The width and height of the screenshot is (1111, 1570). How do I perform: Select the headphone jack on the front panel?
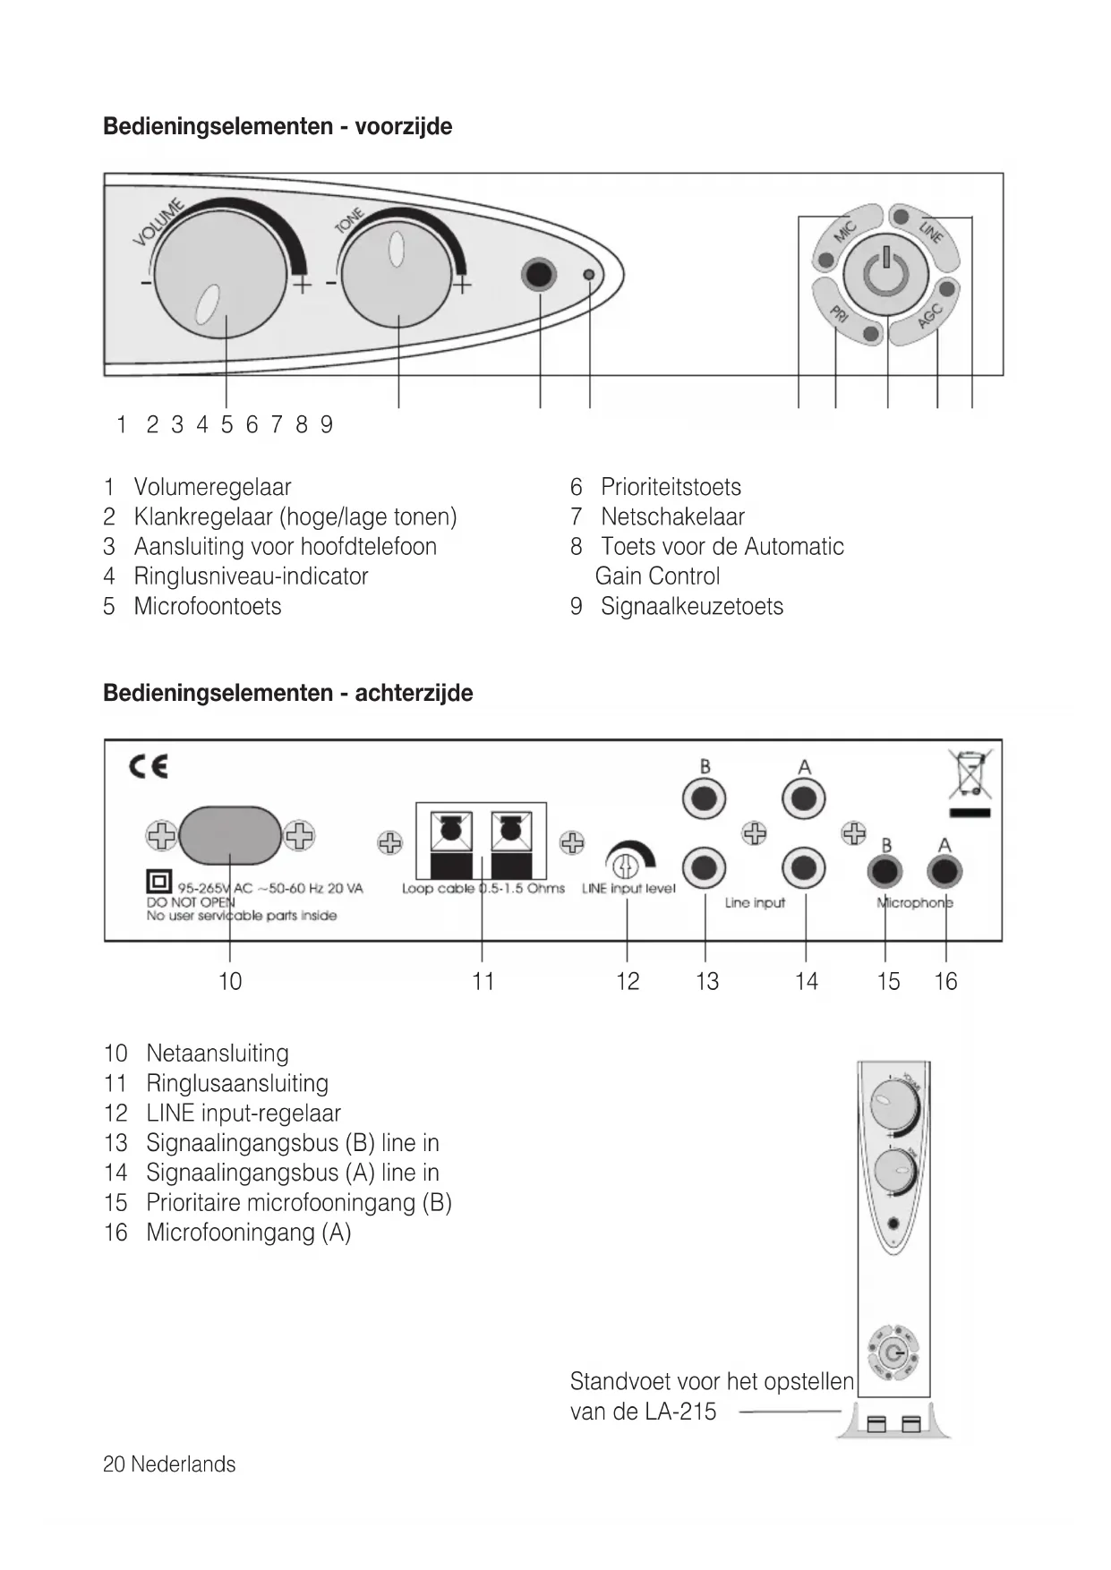point(539,274)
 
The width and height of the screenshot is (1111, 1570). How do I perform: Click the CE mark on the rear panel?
point(149,767)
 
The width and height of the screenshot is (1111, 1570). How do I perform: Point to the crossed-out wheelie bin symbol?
point(970,774)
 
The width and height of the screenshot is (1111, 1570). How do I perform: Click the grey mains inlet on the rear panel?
point(230,835)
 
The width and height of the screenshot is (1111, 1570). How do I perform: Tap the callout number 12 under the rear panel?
point(628,982)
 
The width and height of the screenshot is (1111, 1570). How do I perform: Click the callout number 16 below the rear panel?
point(945,982)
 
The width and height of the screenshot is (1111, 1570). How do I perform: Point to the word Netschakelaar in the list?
point(672,517)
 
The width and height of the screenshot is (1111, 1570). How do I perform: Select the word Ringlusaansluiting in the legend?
point(237,1084)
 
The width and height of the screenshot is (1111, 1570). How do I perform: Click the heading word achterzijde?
point(414,693)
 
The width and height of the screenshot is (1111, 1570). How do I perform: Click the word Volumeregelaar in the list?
point(212,488)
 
